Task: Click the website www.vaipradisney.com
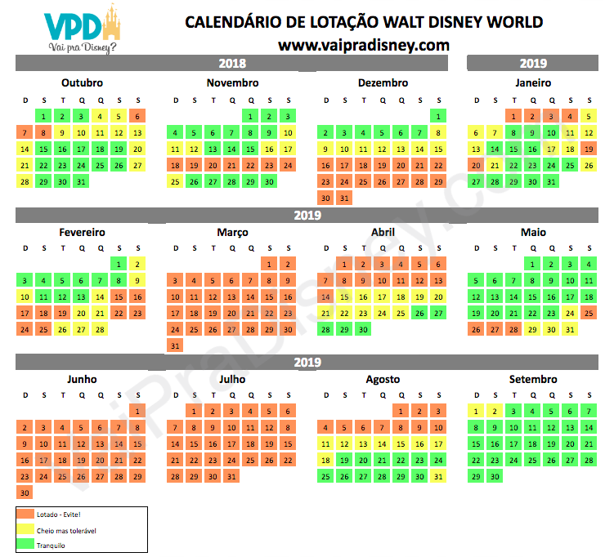(x=363, y=45)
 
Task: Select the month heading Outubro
(x=82, y=82)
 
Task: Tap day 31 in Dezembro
(x=344, y=198)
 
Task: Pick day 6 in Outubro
(x=137, y=116)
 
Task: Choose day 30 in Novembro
(x=269, y=181)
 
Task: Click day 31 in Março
(x=175, y=345)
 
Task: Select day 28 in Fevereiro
(x=100, y=329)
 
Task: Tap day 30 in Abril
(x=363, y=329)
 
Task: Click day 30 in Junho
(x=25, y=492)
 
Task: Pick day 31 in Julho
(x=231, y=476)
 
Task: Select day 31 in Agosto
(x=438, y=476)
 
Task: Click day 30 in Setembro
(x=495, y=476)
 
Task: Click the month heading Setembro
(x=533, y=379)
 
